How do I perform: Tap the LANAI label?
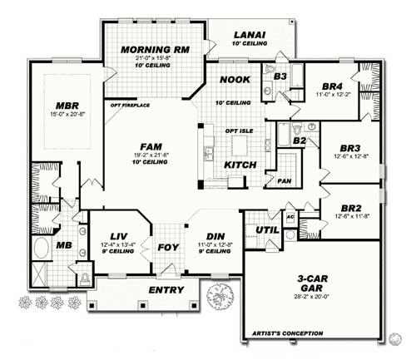(250, 34)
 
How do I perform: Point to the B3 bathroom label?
(280, 76)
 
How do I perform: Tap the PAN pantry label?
(285, 180)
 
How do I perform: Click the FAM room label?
(151, 145)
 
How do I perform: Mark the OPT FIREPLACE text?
(129, 106)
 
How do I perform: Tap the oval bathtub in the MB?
(41, 249)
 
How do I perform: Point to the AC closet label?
(290, 216)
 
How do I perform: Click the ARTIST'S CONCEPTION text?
(280, 336)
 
